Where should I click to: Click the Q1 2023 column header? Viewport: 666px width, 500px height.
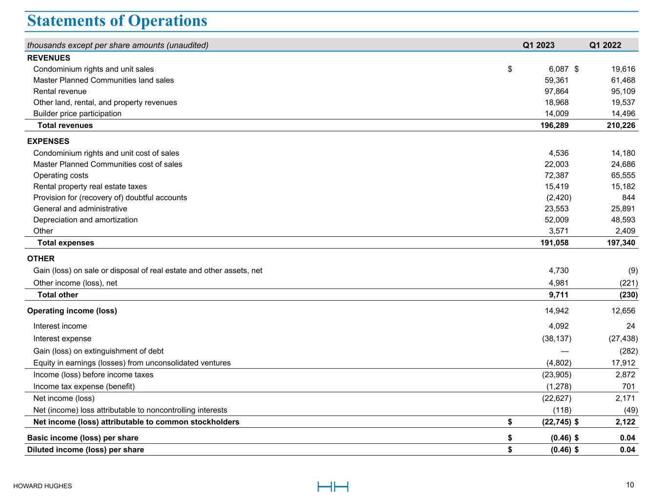(x=539, y=45)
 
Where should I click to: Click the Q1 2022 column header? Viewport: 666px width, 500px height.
(x=605, y=45)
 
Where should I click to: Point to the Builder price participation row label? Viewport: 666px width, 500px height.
(x=77, y=114)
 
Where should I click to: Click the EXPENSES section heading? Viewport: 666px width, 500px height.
(x=48, y=142)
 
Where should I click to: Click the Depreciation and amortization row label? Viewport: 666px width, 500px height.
(x=85, y=220)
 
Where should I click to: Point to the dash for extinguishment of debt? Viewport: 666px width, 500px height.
(x=565, y=351)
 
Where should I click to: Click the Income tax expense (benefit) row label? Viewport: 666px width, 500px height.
(x=84, y=386)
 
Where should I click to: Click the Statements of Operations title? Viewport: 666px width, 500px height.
(x=117, y=21)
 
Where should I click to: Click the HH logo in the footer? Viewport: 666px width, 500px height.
(x=333, y=486)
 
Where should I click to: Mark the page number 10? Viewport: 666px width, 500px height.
(x=630, y=485)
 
